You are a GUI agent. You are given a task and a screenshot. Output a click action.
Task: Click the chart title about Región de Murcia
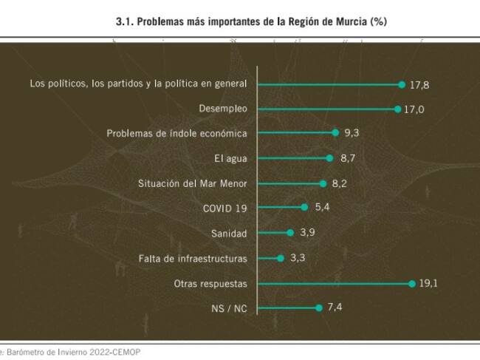coord(251,22)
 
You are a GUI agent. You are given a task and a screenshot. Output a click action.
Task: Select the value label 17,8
coord(419,85)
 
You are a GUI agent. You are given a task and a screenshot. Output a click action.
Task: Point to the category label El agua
coord(230,158)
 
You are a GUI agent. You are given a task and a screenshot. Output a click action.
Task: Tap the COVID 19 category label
coord(224,208)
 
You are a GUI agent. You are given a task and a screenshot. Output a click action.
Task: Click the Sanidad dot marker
coord(290,233)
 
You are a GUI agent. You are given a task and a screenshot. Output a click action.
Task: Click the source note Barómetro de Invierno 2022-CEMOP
coord(71,352)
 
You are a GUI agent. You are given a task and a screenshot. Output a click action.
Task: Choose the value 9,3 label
coord(352,134)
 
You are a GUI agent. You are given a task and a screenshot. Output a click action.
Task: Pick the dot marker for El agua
coord(329,158)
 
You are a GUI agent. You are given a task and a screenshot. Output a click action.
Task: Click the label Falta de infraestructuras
coord(193,259)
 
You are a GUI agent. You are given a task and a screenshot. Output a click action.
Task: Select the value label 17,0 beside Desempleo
coord(414,109)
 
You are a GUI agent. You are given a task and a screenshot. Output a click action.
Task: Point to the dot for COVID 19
coord(304,208)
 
